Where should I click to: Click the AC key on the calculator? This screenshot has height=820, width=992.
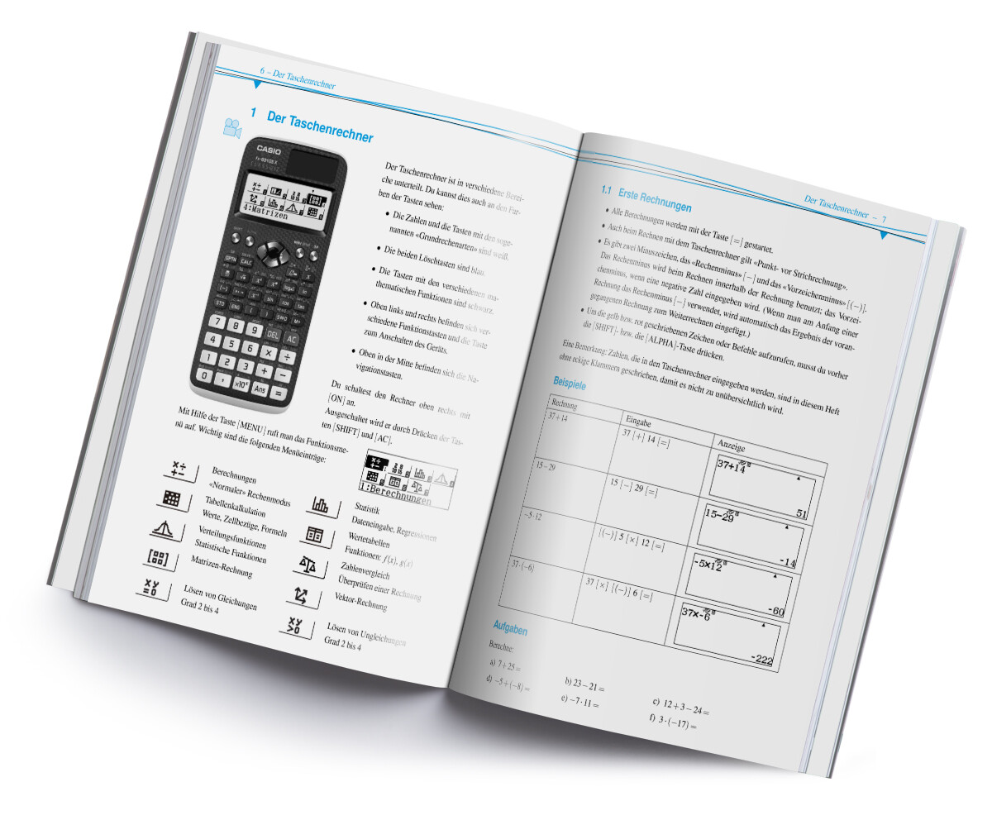coord(291,338)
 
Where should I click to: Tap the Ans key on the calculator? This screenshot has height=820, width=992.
coord(260,389)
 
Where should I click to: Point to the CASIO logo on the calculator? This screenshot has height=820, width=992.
coord(271,150)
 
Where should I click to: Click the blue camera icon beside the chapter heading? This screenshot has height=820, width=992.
coord(232,128)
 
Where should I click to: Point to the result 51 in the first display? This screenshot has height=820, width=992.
coord(800,513)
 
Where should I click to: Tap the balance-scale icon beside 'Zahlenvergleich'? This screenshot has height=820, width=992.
coord(307,564)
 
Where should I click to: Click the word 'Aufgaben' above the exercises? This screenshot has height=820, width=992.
coord(509,629)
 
